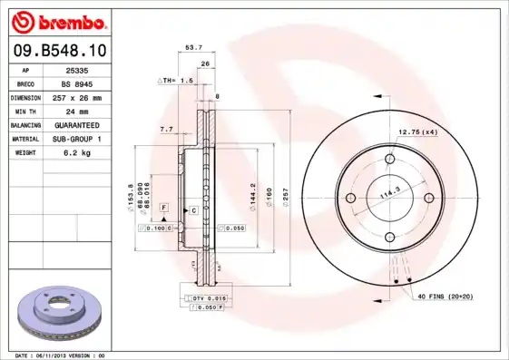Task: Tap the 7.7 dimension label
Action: click(166, 131)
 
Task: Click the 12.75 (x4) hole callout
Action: click(417, 133)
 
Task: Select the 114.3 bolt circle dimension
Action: click(389, 193)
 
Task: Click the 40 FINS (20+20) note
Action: click(445, 297)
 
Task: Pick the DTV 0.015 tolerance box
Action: click(209, 298)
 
